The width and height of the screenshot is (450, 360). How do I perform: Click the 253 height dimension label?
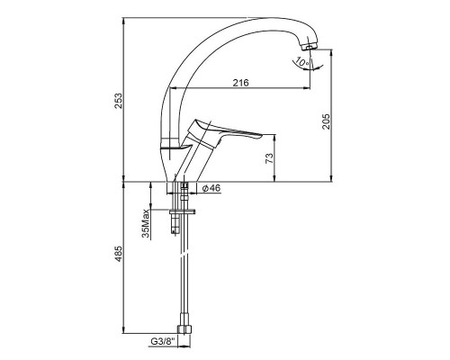tap(119, 101)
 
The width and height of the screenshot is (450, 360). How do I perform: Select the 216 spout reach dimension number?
tap(241, 83)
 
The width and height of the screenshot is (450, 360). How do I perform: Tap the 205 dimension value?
tap(326, 121)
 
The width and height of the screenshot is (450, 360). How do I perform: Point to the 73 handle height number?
tap(269, 158)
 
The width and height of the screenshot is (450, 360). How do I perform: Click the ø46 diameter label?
tap(211, 188)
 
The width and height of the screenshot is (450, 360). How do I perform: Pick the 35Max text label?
tap(146, 223)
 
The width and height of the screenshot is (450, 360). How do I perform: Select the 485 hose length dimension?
tap(119, 254)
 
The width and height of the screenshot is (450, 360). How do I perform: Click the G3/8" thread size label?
tap(162, 341)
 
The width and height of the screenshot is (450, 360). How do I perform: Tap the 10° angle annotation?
tap(301, 62)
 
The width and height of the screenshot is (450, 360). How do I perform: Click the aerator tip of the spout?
tap(310, 47)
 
